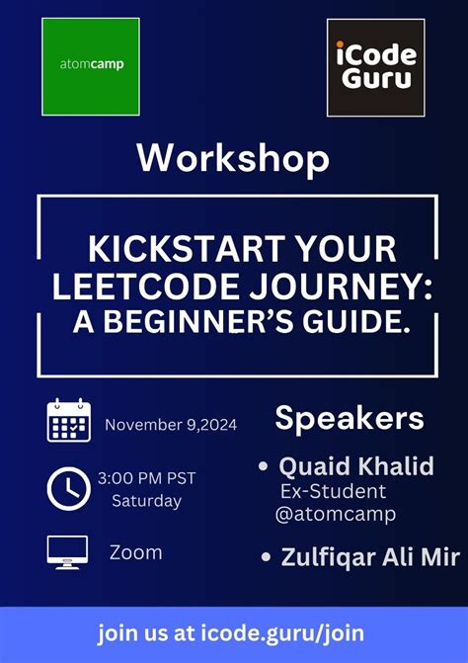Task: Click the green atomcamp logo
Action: tap(90, 66)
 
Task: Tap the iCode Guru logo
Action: tap(376, 66)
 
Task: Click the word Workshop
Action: tap(233, 158)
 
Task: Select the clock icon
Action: tap(68, 487)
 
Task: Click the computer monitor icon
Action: tap(68, 551)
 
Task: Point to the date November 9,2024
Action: tap(171, 425)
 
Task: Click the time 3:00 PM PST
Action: tap(146, 478)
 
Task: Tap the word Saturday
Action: tap(146, 501)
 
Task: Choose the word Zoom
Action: tap(135, 552)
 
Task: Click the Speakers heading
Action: tap(350, 418)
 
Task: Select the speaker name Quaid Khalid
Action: tap(355, 465)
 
